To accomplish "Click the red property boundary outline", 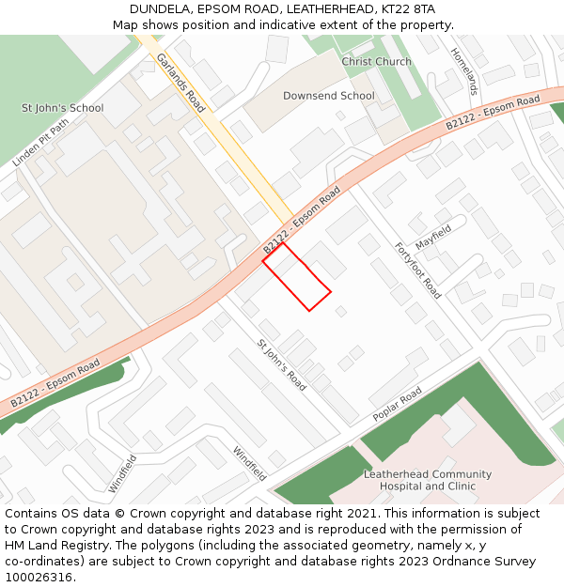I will (x=297, y=276).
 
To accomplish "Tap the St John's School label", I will (x=62, y=108).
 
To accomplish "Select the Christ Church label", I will (x=376, y=62).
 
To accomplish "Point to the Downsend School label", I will (x=329, y=96).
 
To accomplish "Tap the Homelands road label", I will (x=465, y=71).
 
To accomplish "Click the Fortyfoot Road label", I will (x=417, y=270).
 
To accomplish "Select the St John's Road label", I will (x=282, y=365).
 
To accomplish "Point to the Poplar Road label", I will (x=397, y=405).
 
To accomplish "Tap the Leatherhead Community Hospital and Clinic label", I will (x=428, y=480).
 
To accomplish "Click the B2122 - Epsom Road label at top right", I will (x=493, y=112).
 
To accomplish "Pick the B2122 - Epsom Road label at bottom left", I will (x=55, y=383).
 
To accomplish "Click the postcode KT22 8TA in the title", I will (x=408, y=9).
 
